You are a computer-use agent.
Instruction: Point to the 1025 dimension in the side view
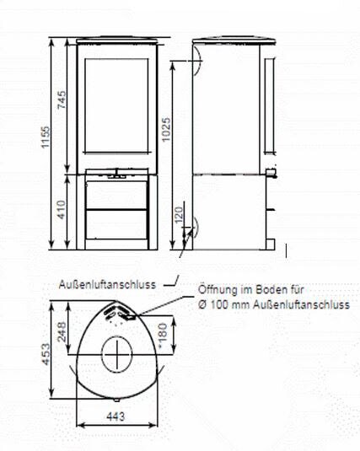[x=166, y=131]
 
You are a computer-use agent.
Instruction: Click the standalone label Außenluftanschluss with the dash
[x=107, y=284]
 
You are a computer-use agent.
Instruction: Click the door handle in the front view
[x=117, y=178]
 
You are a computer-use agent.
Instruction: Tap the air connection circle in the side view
[x=193, y=227]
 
